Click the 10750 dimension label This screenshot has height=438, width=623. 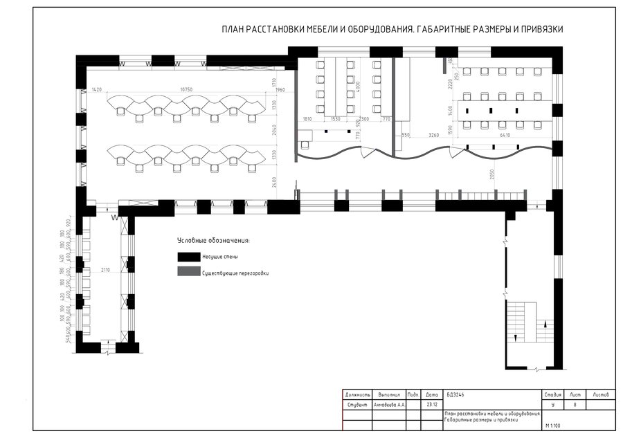point(185,90)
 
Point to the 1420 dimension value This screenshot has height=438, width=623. point(97,90)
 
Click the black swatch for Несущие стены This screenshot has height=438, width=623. point(188,257)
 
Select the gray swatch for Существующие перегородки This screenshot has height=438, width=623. point(188,273)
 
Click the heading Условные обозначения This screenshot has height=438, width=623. point(213,240)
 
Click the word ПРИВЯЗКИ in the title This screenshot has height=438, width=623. point(539,30)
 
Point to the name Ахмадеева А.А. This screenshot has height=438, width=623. point(389,404)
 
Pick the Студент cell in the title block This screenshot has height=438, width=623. point(357,404)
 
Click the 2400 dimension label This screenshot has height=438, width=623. point(274,183)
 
